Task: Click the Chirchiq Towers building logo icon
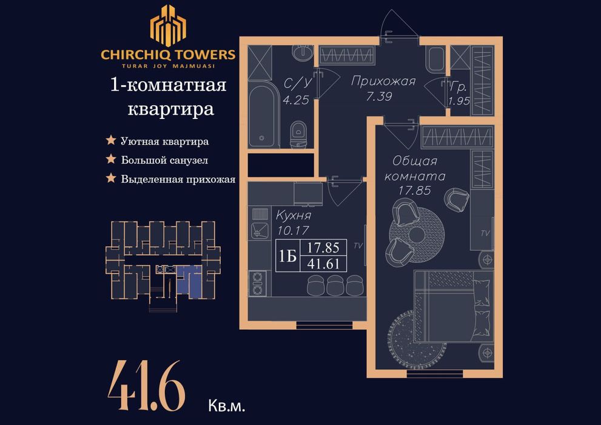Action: (168, 25)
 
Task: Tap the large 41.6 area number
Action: (146, 385)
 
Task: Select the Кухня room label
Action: (293, 216)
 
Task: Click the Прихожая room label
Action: (383, 81)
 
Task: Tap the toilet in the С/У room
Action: (298, 135)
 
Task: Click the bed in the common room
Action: (452, 307)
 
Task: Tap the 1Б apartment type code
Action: (287, 256)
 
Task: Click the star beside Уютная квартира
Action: (111, 141)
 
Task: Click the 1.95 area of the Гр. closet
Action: (459, 101)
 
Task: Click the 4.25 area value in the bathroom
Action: (297, 100)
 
